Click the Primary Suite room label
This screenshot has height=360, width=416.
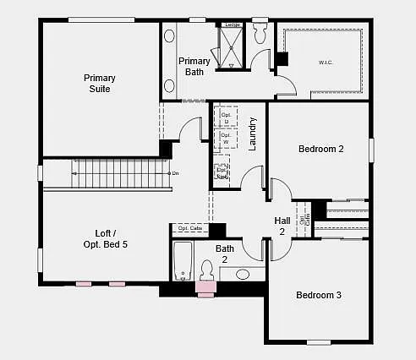[100, 84]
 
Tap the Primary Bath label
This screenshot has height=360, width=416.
[194, 66]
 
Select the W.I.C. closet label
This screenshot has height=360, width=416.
[326, 62]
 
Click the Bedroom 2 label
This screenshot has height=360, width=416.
[320, 149]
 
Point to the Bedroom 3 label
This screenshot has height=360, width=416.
[319, 295]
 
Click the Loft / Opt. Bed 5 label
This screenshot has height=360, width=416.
[100, 238]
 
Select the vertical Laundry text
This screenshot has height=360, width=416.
[252, 133]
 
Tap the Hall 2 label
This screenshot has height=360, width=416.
[282, 226]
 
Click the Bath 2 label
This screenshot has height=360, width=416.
[225, 254]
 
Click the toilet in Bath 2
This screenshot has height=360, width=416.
[205, 270]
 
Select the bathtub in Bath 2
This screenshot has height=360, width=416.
[183, 261]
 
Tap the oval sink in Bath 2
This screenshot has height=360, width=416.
[244, 274]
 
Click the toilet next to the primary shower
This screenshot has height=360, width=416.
[260, 34]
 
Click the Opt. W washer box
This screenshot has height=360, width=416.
[226, 137]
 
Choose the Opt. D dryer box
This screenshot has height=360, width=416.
[226, 116]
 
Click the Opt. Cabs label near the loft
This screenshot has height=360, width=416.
[190, 228]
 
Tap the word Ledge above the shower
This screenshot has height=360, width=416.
[233, 25]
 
